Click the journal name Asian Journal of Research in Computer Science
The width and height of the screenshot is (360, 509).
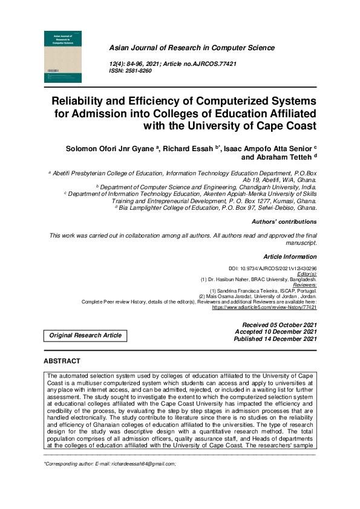191,48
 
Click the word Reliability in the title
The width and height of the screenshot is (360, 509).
83,100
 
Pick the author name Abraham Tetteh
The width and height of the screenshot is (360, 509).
280,158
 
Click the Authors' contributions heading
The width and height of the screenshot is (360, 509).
284,222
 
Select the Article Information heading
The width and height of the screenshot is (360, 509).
290,257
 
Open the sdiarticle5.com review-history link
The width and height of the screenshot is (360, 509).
264,307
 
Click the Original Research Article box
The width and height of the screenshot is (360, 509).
85,335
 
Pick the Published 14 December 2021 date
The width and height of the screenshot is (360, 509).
275,339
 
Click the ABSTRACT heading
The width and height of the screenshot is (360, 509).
62,361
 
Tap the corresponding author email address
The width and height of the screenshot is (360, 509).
146,464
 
